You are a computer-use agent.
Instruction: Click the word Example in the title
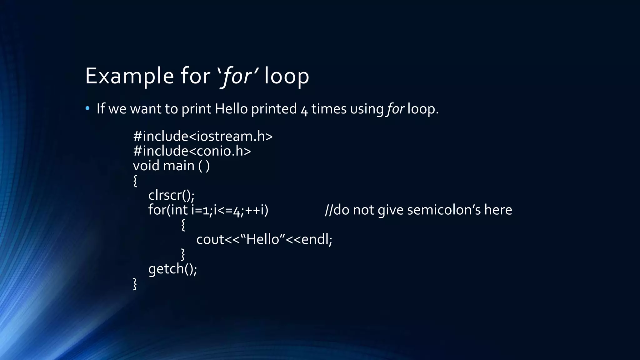pos(129,76)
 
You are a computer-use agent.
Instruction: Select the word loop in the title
pos(287,76)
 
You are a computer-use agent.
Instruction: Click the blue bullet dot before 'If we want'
pos(87,108)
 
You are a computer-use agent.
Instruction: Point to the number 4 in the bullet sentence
pos(304,110)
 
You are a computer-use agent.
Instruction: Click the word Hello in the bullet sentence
pos(231,109)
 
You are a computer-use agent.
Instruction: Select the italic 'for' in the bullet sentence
pos(396,109)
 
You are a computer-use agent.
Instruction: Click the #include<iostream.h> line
pos(203,136)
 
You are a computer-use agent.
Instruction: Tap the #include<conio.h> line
pos(192,151)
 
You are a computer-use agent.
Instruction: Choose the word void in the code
pos(146,166)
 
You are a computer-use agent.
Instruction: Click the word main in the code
pos(179,166)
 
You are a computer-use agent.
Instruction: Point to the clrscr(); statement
pos(171,195)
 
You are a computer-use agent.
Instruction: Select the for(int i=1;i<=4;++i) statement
pos(208,210)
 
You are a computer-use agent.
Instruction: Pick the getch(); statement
pos(172,269)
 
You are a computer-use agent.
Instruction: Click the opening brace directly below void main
pos(135,181)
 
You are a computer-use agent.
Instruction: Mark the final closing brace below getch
pos(135,284)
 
